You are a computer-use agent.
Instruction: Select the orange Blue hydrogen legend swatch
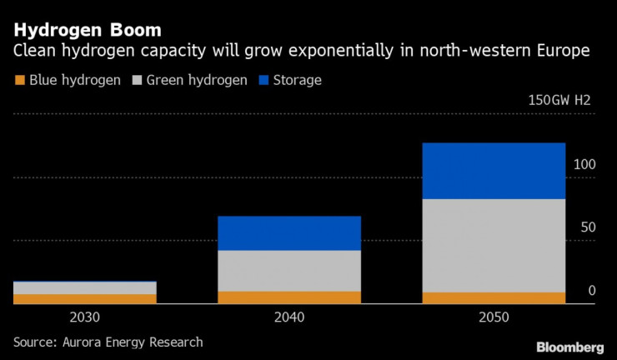click(19, 81)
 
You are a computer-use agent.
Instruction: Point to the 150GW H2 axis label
click(559, 101)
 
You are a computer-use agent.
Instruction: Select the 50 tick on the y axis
click(587, 227)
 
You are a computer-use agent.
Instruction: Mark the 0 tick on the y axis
click(591, 291)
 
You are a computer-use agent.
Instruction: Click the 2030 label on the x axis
click(85, 317)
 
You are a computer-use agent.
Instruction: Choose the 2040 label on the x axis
click(288, 317)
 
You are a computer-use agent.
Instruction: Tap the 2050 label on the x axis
click(494, 317)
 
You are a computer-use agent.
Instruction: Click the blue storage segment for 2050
click(494, 171)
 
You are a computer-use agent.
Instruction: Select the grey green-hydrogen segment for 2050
click(494, 246)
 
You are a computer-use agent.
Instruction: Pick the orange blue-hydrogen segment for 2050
click(494, 297)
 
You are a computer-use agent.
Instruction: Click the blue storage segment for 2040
click(288, 233)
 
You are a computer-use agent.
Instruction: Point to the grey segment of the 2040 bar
click(288, 271)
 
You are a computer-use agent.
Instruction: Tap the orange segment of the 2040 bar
click(288, 297)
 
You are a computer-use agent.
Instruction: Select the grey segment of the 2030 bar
click(85, 288)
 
